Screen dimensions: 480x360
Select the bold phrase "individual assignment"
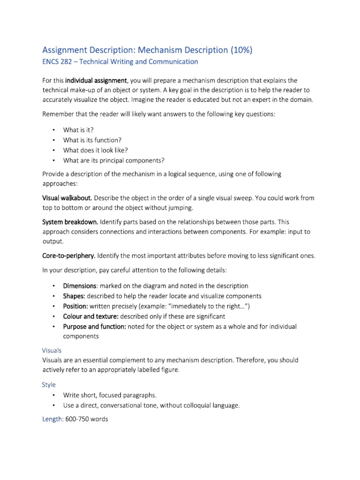(x=96, y=81)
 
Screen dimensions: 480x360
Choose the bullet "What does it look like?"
(x=95, y=150)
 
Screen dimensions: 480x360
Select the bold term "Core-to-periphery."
(x=69, y=255)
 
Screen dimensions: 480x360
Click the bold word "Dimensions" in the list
(x=80, y=285)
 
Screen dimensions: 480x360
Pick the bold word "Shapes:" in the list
(x=74, y=296)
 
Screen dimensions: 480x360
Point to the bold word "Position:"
(x=75, y=306)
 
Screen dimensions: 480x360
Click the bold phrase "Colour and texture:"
(x=91, y=316)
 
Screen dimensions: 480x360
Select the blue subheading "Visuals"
(x=52, y=351)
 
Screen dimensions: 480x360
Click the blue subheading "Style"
(x=49, y=384)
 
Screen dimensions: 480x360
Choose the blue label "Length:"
(x=53, y=419)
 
